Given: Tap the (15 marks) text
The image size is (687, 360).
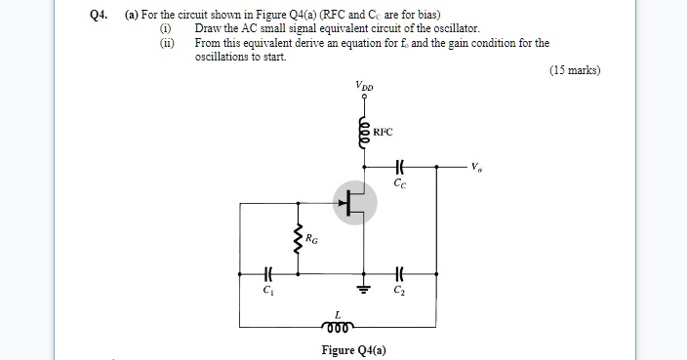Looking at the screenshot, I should pos(575,70).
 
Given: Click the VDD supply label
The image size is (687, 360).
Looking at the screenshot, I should pos(363,87).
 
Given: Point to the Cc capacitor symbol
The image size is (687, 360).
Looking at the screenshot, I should pos(398,168).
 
